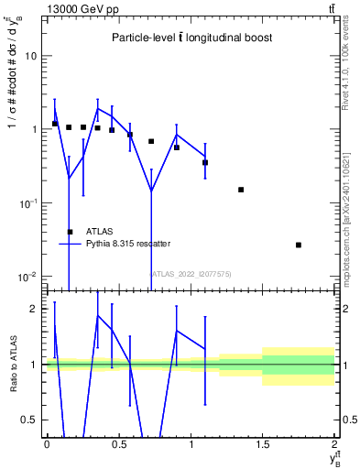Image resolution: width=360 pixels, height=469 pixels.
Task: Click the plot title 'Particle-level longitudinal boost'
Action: [192, 38]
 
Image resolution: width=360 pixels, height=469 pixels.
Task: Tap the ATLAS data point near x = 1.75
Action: [299, 245]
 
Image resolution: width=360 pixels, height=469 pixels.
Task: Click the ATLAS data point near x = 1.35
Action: [241, 190]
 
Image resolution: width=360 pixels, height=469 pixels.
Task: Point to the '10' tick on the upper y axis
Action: [31, 56]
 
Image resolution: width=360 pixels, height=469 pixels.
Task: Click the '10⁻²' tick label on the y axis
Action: [27, 277]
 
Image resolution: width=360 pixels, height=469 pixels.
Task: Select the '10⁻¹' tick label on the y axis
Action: [27, 203]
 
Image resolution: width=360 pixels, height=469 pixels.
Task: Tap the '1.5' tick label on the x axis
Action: [263, 444]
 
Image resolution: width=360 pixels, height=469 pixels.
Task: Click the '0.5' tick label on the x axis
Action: [118, 444]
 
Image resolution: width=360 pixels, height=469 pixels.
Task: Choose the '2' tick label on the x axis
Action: [334, 444]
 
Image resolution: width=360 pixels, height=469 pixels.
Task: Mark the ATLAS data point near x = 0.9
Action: [177, 147]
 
